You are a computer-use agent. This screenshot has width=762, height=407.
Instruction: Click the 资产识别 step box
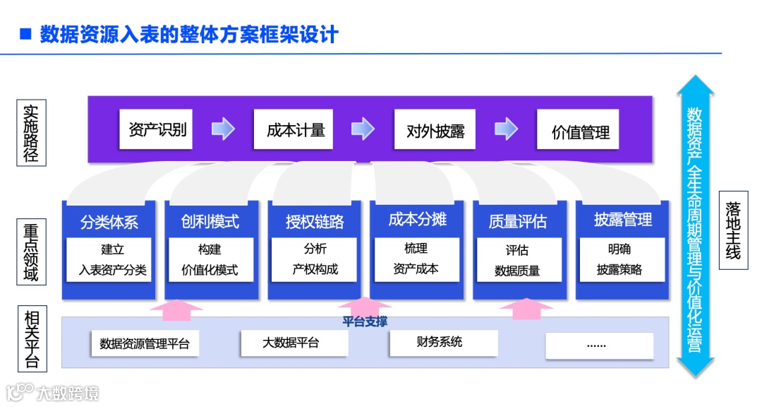point(156,129)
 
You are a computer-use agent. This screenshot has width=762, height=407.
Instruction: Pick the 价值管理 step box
point(578,130)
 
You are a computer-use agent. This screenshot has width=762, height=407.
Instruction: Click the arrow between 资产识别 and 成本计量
point(223,129)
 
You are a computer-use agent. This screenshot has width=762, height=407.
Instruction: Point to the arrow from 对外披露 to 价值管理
point(506,129)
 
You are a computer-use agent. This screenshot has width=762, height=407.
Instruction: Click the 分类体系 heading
point(109,221)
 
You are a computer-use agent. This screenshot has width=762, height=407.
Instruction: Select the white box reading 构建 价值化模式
point(210,260)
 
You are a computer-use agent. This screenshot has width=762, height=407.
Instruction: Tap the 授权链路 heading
point(315,221)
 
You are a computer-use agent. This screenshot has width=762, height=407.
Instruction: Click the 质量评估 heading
point(518,221)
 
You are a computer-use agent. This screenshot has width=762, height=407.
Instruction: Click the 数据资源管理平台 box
point(145,344)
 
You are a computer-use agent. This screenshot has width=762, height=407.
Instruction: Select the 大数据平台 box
point(294,343)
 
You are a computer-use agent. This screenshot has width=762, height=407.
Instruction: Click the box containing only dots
point(599,345)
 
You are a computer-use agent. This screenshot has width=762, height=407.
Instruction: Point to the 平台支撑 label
point(365,322)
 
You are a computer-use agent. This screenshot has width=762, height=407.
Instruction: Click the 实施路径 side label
point(31,133)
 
